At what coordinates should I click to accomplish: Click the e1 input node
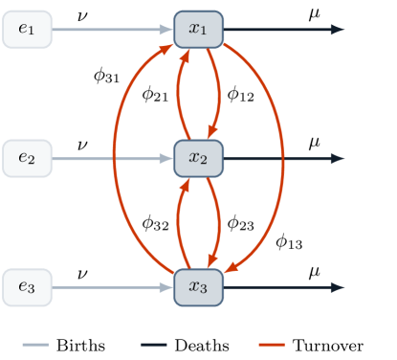pyautogui.click(x=27, y=30)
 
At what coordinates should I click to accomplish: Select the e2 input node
pyautogui.click(x=27, y=158)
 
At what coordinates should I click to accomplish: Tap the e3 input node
pyautogui.click(x=27, y=287)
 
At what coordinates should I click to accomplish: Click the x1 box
pyautogui.click(x=198, y=30)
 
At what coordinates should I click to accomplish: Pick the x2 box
pyautogui.click(x=198, y=158)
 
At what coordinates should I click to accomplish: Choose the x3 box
pyautogui.click(x=198, y=287)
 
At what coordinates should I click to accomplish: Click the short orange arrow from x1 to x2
pyautogui.click(x=219, y=94)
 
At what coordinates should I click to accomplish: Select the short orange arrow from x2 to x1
pyautogui.click(x=178, y=94)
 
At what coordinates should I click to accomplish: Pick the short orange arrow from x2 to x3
pyautogui.click(x=219, y=222)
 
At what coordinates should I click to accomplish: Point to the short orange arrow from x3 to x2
pyautogui.click(x=178, y=222)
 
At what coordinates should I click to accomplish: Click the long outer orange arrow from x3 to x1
pyautogui.click(x=114, y=158)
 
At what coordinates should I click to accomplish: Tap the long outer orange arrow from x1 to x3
pyautogui.click(x=283, y=158)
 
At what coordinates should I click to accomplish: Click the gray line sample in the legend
pyautogui.click(x=35, y=344)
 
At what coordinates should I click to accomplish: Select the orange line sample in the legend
pyautogui.click(x=272, y=344)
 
